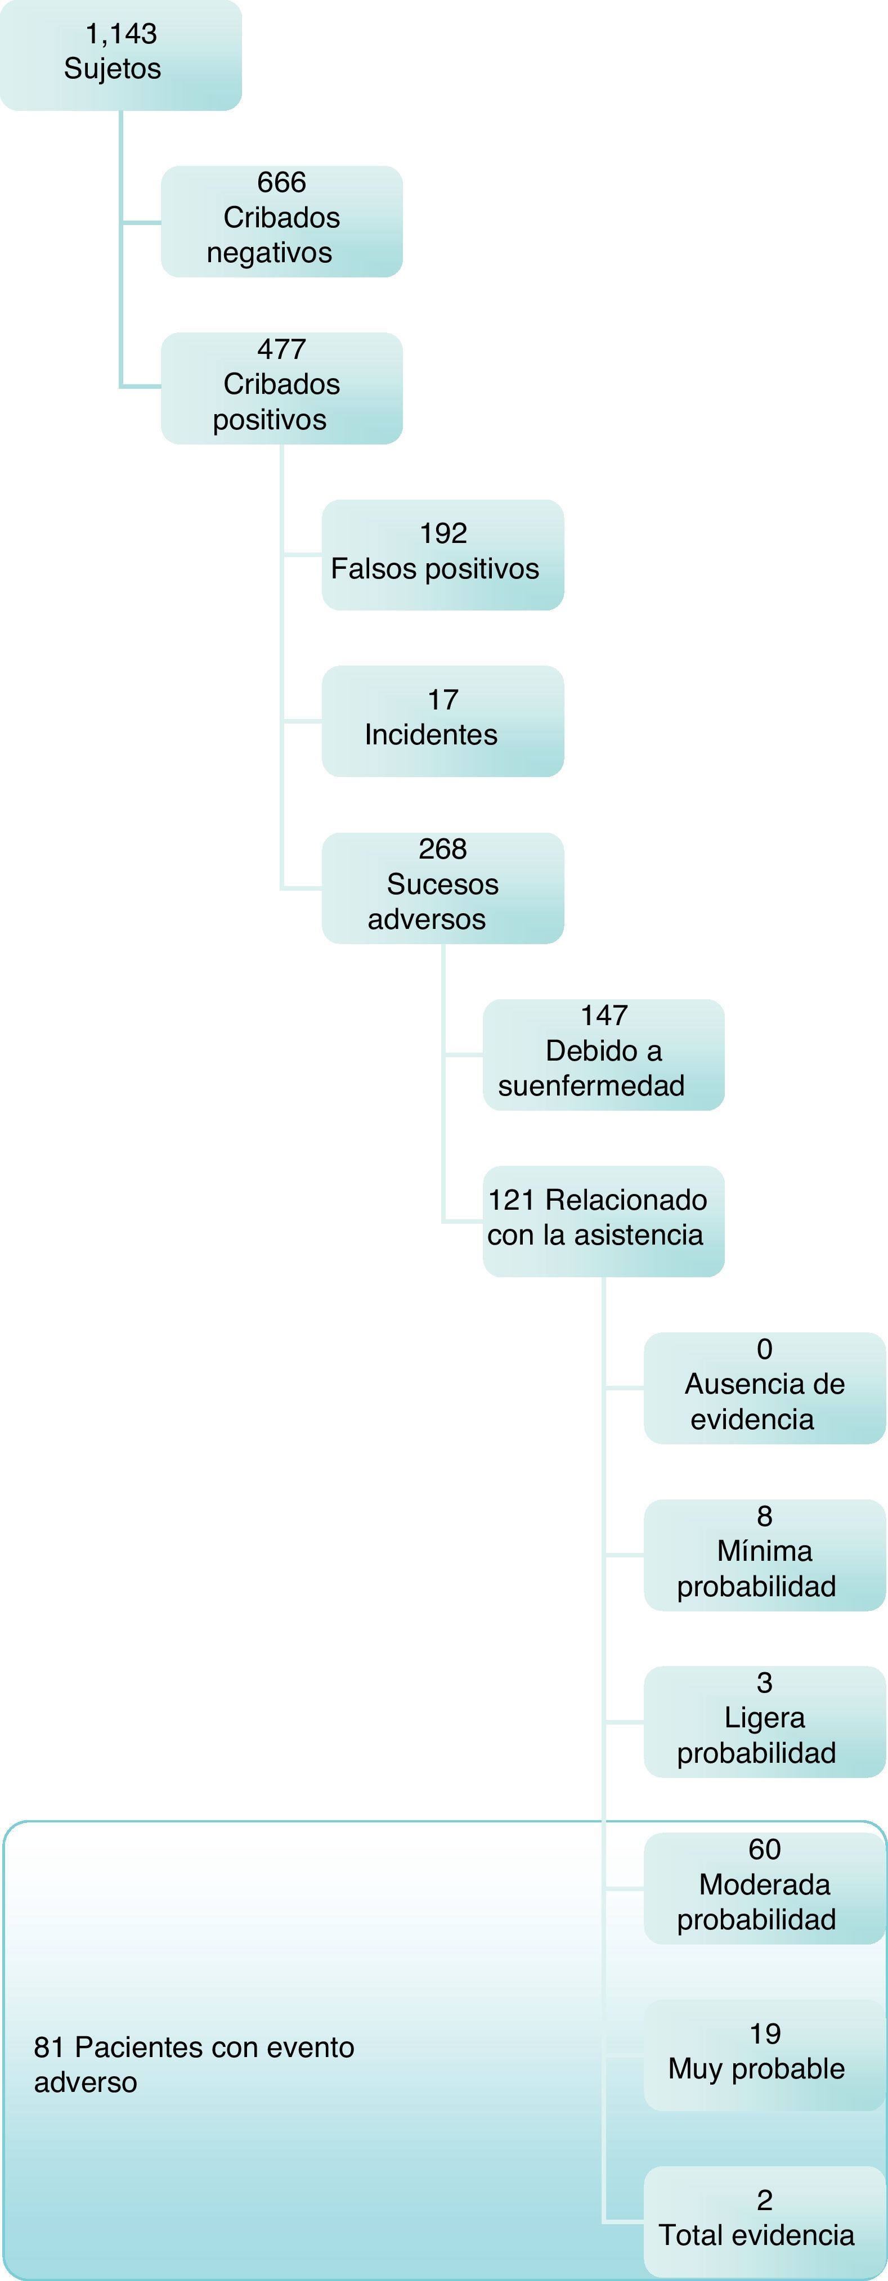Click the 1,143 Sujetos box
click(120, 55)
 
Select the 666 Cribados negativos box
click(281, 221)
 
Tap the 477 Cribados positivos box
click(281, 388)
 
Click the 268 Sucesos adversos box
click(443, 887)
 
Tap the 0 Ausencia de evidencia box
click(764, 1388)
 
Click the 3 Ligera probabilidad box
click(764, 1721)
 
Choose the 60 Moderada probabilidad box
click(764, 1888)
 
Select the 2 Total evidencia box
click(764, 2221)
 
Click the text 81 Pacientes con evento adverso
click(194, 2064)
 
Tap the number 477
click(281, 349)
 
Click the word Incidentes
click(431, 735)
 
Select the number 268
click(443, 849)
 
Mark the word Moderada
click(764, 1884)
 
